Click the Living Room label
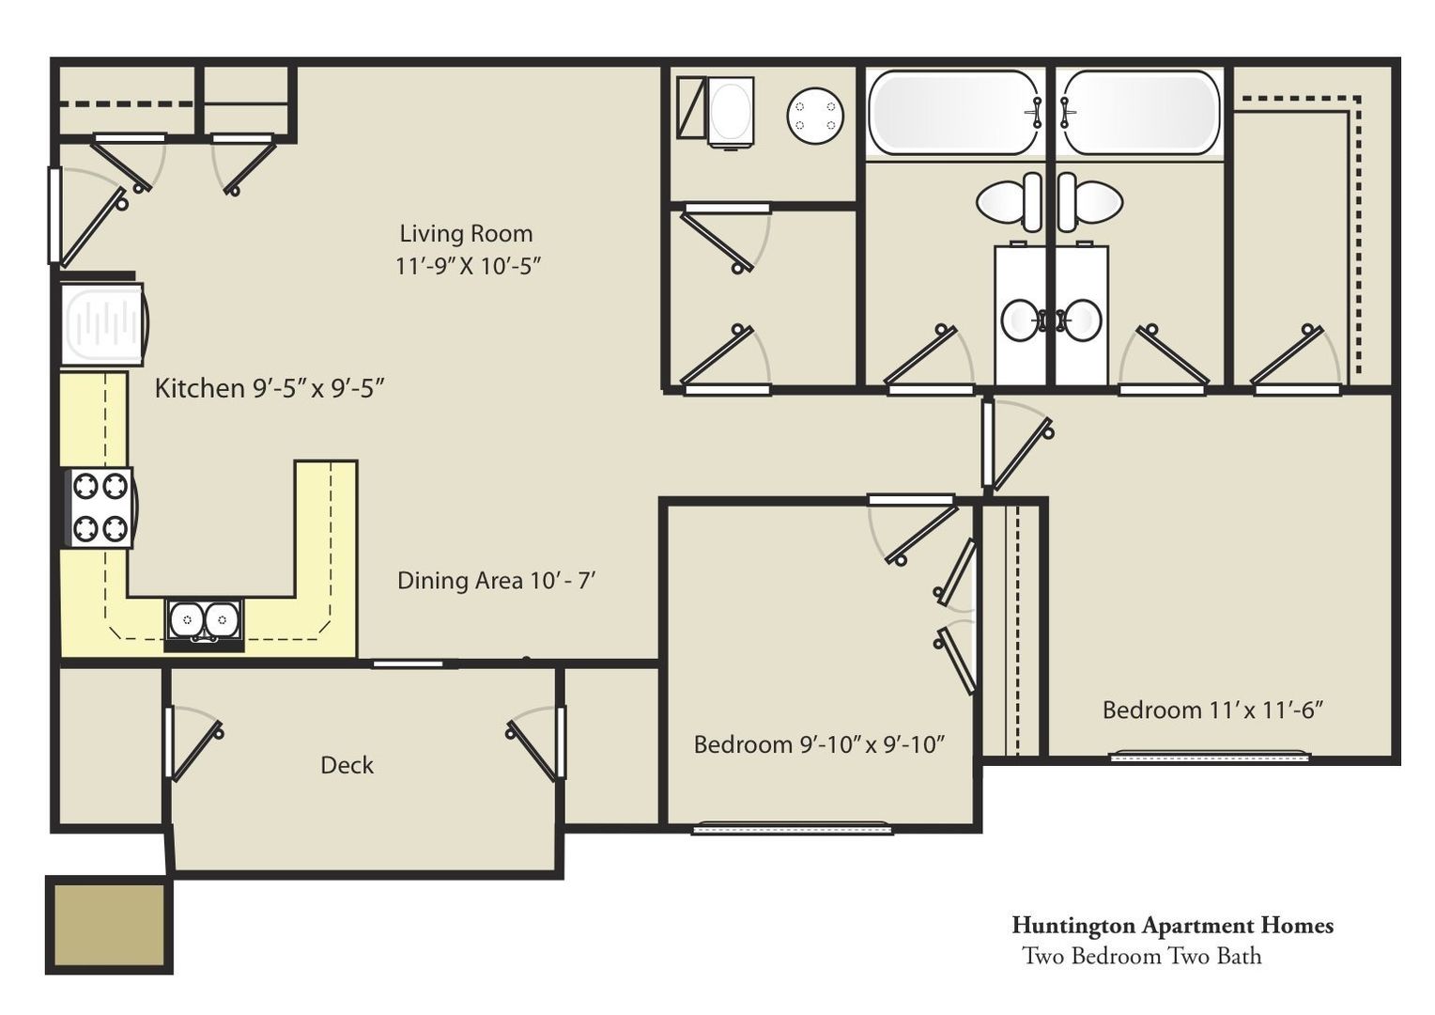coord(467,233)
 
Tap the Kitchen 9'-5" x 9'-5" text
coord(270,388)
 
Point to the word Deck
coord(347,765)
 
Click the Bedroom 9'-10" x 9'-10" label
coord(819,744)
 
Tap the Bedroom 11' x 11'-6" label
coord(1212,710)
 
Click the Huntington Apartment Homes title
coord(1172,926)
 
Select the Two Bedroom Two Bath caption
coord(1142,956)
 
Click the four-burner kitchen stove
coord(100,507)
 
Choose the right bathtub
coord(1140,113)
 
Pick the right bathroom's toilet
coord(1089,202)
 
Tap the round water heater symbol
coord(815,116)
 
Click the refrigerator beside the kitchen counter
coord(104,325)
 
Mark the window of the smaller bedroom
coord(793,828)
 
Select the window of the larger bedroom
coord(1210,756)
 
